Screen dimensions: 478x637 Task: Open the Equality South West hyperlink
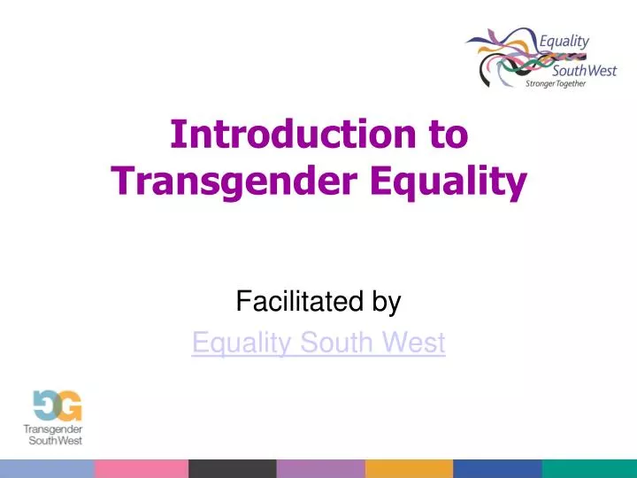(x=318, y=343)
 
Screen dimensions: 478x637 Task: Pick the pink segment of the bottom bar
(x=142, y=468)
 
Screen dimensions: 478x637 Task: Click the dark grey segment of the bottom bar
(x=232, y=468)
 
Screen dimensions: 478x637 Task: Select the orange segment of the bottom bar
(x=409, y=468)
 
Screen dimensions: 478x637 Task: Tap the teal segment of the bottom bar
(x=589, y=468)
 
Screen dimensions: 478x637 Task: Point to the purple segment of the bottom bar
(x=320, y=468)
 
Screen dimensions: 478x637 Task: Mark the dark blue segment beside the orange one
(x=497, y=468)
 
